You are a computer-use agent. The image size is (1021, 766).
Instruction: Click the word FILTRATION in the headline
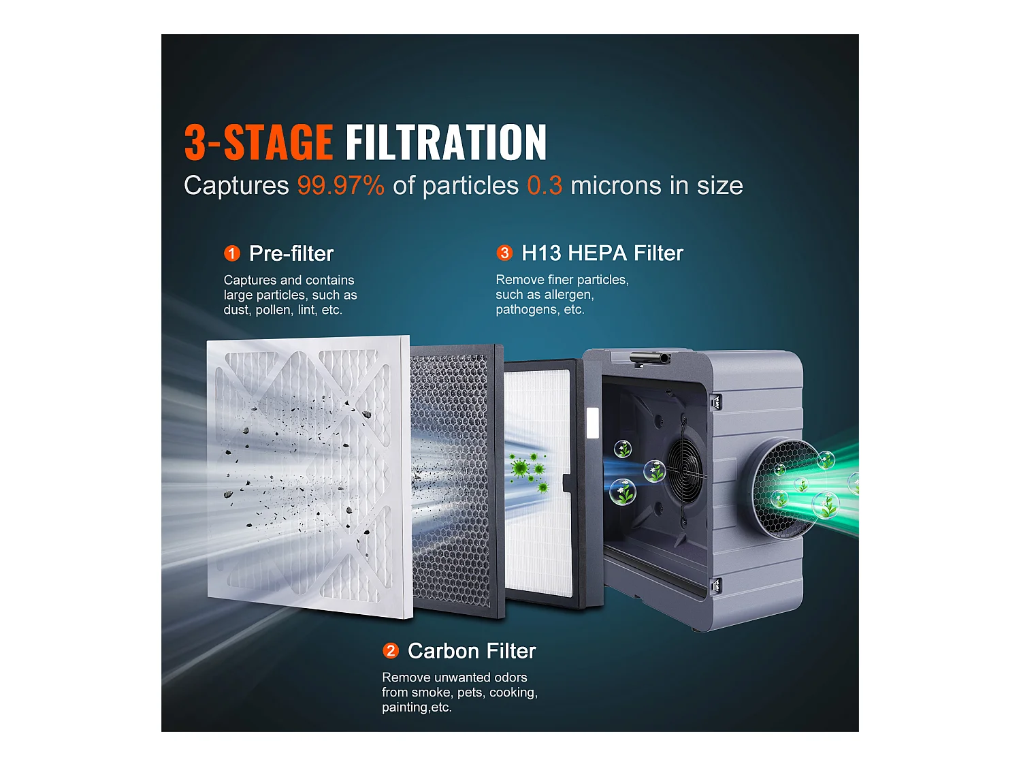click(x=446, y=142)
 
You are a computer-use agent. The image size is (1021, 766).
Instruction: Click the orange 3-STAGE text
click(x=258, y=142)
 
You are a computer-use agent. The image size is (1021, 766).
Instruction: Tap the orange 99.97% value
click(x=340, y=186)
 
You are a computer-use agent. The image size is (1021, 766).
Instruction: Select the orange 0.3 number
click(x=545, y=186)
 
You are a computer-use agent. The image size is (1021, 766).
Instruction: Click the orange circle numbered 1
click(x=232, y=254)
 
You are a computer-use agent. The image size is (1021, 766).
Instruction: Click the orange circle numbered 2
click(x=391, y=651)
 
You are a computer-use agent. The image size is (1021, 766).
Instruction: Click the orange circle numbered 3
click(x=504, y=253)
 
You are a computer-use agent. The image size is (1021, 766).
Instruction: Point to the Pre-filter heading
click(x=291, y=254)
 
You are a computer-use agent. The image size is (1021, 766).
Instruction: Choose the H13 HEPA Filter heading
click(x=602, y=253)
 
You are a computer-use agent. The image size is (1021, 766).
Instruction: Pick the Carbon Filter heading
click(x=472, y=651)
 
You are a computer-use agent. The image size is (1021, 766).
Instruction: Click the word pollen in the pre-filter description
click(x=272, y=310)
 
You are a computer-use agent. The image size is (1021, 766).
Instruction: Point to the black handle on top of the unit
click(x=649, y=357)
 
